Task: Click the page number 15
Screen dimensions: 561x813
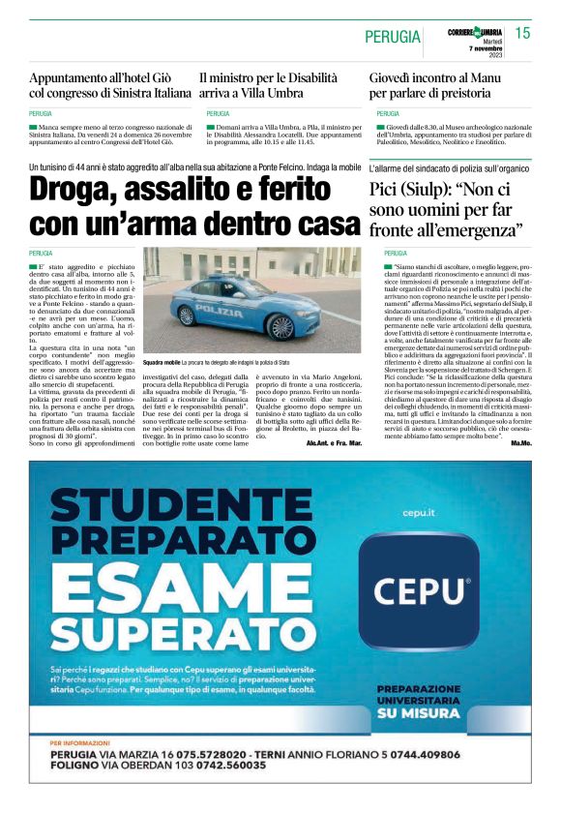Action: click(x=523, y=34)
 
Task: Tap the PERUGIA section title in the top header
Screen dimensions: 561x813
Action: click(x=393, y=37)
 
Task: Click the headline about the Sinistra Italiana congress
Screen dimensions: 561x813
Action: click(x=111, y=85)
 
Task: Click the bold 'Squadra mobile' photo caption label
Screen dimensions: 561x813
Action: click(x=160, y=361)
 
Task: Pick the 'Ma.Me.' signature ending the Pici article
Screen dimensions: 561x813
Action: click(x=522, y=442)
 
